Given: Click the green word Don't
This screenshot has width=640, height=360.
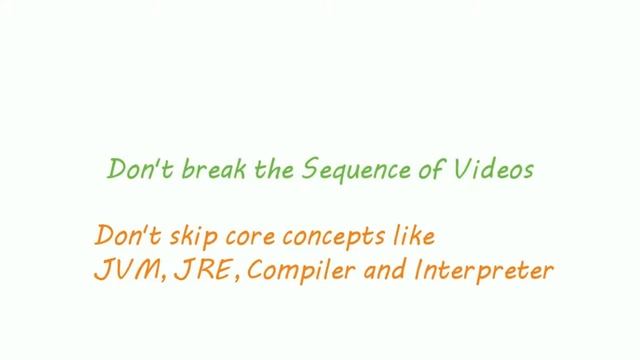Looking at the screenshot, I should tap(132, 169).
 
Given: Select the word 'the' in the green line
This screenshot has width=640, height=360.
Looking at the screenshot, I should tap(249, 169).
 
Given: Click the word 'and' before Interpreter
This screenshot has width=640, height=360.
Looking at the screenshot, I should tap(376, 270).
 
